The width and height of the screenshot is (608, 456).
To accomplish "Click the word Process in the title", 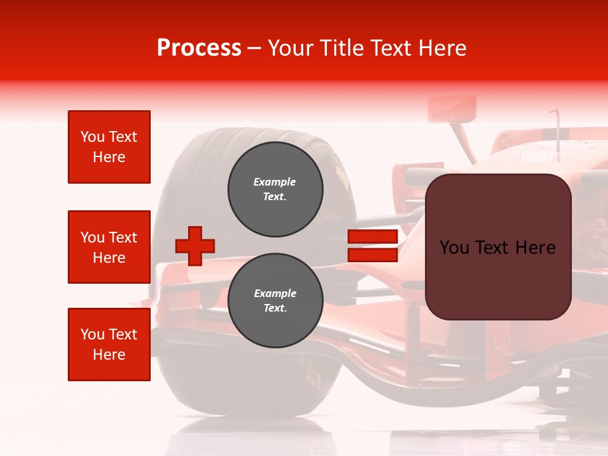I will (199, 48).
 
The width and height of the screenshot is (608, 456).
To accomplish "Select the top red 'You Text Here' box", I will (109, 147).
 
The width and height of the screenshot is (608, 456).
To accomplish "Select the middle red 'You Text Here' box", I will (109, 247).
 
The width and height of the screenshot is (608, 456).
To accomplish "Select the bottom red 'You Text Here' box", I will (109, 345).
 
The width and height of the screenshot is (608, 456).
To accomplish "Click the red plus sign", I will (195, 246).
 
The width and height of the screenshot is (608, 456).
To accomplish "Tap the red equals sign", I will (372, 246).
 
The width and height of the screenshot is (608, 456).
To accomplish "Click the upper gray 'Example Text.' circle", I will (275, 189).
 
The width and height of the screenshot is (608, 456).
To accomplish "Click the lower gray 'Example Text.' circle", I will (275, 301).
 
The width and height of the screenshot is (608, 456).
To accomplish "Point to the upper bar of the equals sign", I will (372, 237).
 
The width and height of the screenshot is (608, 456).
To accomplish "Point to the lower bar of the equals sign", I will (372, 255).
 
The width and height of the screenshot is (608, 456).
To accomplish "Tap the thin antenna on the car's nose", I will (557, 130).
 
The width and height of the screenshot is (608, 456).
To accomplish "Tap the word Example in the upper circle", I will (275, 182).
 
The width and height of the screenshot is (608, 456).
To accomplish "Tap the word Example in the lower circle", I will (275, 293).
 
